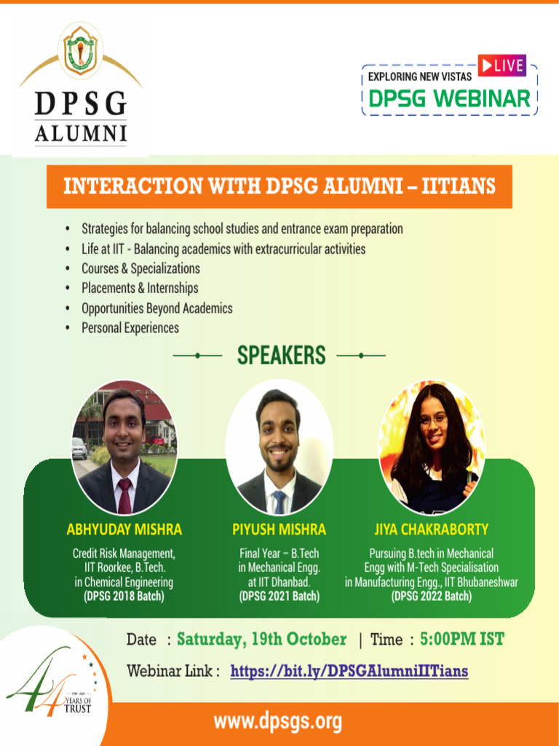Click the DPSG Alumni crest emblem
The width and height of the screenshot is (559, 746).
[80, 52]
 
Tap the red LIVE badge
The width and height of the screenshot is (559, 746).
[501, 66]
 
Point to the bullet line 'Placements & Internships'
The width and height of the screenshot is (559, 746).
[140, 288]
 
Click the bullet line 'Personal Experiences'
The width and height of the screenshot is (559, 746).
[130, 328]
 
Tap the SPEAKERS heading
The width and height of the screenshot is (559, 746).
[281, 356]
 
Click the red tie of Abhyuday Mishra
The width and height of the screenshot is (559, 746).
[124, 495]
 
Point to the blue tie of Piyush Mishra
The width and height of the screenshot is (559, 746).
[279, 501]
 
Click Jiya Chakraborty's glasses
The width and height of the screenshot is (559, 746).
[432, 420]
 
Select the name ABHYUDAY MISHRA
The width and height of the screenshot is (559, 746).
[124, 530]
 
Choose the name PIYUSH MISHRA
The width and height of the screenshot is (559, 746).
[279, 530]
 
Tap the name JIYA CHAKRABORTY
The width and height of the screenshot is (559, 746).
[432, 530]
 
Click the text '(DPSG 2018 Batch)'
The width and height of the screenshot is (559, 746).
[124, 597]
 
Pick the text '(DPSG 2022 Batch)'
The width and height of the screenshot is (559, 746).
[432, 597]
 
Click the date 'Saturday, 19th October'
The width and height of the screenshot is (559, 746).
[261, 640]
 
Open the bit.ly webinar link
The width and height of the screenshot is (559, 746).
[349, 671]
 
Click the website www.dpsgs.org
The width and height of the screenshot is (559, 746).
[277, 722]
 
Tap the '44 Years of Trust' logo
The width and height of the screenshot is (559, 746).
[51, 688]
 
